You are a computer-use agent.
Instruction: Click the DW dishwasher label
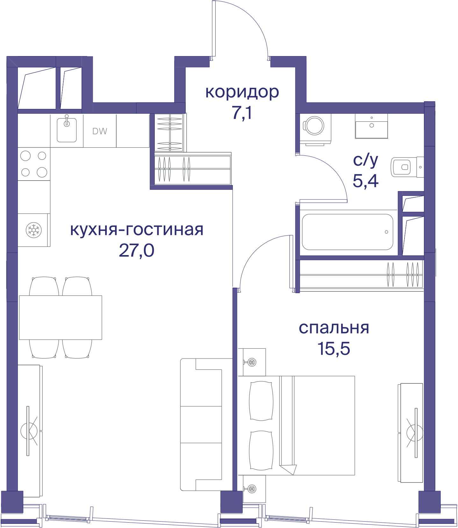tap(100, 131)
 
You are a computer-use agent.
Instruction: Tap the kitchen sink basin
tap(67, 130)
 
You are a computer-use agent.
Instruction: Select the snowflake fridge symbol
tap(33, 230)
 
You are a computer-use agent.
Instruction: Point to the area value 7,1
tap(242, 113)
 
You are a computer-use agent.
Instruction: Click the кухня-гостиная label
tap(137, 229)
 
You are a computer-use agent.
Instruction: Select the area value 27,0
tap(137, 250)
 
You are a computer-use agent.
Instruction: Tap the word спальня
tap(334, 328)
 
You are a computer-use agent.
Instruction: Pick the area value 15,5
tap(334, 348)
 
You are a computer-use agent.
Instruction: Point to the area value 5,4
tap(366, 181)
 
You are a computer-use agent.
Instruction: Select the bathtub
tap(347, 232)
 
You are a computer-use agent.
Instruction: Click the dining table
tap(61, 317)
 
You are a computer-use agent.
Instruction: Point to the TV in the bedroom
tap(416, 433)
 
